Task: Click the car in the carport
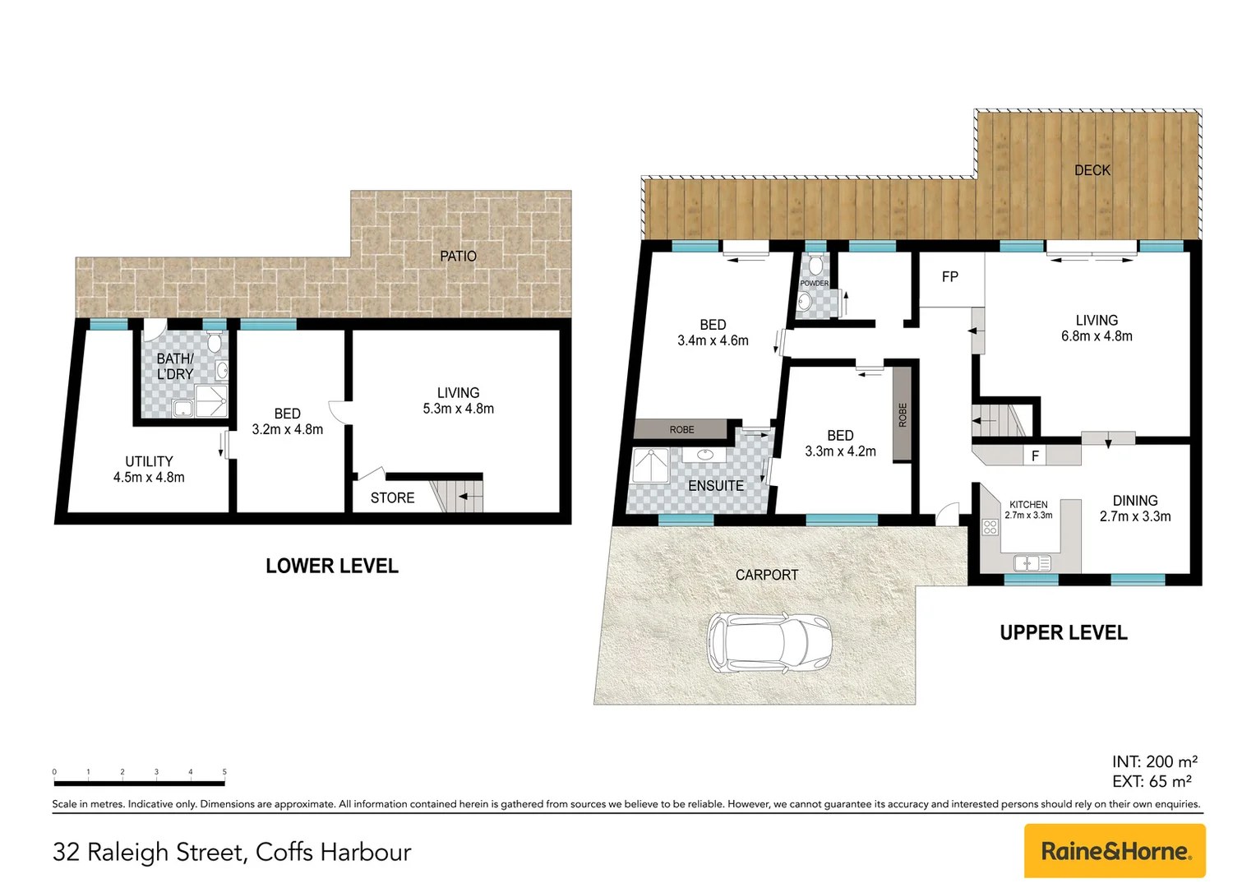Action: pyautogui.click(x=769, y=643)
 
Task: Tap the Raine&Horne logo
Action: pyautogui.click(x=1114, y=851)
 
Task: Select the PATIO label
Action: pyautogui.click(x=458, y=257)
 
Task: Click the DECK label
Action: pyautogui.click(x=1092, y=170)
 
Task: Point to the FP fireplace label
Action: pyautogui.click(x=949, y=277)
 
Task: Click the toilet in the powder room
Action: pyautogui.click(x=815, y=266)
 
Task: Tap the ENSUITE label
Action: pyautogui.click(x=715, y=486)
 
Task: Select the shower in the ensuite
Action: pyautogui.click(x=650, y=466)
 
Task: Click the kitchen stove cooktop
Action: pyautogui.click(x=990, y=526)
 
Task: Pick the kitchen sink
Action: pyautogui.click(x=1031, y=563)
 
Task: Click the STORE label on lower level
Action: pyautogui.click(x=392, y=498)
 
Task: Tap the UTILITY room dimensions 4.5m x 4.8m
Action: pyautogui.click(x=149, y=477)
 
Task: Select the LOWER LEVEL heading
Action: pyautogui.click(x=332, y=566)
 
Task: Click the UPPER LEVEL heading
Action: pyautogui.click(x=1063, y=632)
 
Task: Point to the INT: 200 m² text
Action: pyautogui.click(x=1154, y=761)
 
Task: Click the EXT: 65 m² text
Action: pyautogui.click(x=1152, y=781)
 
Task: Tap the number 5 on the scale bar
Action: pyautogui.click(x=224, y=772)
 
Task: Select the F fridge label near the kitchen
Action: pyautogui.click(x=1035, y=456)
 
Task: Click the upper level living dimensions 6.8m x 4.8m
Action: pyautogui.click(x=1097, y=336)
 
